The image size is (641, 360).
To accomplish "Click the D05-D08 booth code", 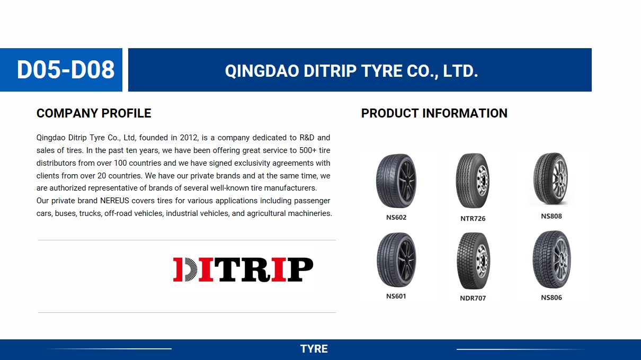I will point(66,70).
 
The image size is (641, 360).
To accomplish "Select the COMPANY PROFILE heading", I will point(94,113).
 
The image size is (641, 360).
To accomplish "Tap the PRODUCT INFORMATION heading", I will point(434,113).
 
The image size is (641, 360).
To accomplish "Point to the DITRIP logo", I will point(243,269).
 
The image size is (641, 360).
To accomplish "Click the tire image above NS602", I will point(396,181).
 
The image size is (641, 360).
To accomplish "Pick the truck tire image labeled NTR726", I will point(473,181).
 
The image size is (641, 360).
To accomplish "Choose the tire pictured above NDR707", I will point(473,260).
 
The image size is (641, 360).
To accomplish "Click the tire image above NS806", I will point(551,259).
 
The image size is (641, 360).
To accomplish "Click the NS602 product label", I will point(396,217).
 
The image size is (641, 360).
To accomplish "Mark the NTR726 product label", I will point(473,218).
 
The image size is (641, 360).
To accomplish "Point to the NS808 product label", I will point(551,216).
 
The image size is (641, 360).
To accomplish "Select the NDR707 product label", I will point(473,298).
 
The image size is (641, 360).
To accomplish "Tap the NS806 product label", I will point(551,298).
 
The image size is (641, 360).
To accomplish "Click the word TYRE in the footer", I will point(314,349).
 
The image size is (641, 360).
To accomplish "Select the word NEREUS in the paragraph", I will point(115,201).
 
